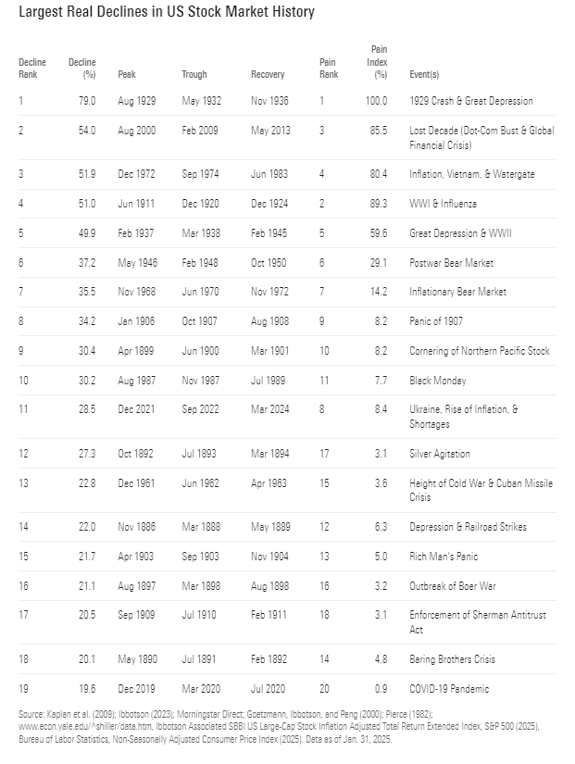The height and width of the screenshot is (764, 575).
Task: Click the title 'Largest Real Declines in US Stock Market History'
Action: (167, 12)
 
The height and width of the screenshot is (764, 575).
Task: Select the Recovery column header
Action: (268, 74)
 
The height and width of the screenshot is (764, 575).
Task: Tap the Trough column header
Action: (194, 74)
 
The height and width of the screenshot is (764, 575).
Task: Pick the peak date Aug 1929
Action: (137, 101)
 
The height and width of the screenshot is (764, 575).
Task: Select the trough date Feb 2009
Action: (201, 131)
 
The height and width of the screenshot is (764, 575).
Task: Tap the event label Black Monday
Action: (438, 381)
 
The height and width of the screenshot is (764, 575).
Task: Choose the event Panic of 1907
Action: (436, 321)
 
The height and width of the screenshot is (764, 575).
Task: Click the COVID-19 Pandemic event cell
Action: (450, 689)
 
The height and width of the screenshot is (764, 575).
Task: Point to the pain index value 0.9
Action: (381, 689)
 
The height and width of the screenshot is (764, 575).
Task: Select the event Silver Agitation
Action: (440, 455)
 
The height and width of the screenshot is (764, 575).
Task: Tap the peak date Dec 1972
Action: (137, 174)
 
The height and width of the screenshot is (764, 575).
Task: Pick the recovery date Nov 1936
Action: (270, 101)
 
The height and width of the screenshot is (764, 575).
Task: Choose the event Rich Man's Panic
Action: (443, 557)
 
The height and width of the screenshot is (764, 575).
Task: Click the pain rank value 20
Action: (324, 689)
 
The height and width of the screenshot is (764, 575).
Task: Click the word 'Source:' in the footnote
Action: (33, 715)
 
